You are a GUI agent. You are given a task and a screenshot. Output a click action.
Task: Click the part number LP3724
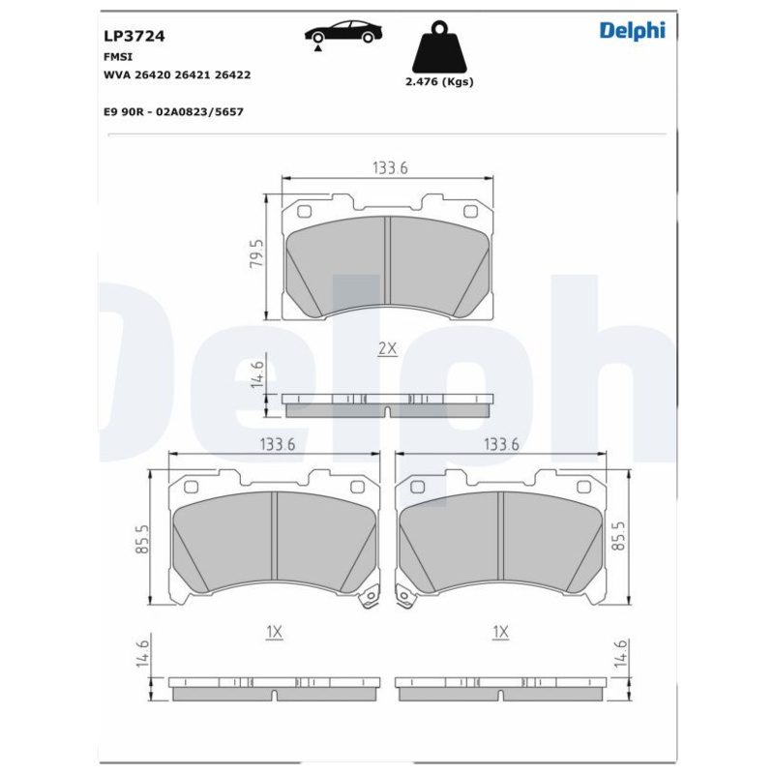[134, 36]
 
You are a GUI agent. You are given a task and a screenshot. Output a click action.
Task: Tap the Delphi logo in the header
[633, 31]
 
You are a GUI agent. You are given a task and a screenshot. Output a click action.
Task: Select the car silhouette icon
[343, 33]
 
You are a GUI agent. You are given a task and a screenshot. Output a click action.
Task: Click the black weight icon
[439, 46]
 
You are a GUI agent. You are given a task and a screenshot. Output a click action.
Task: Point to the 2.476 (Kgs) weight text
[439, 82]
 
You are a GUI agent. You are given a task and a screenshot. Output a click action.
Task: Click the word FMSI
[118, 57]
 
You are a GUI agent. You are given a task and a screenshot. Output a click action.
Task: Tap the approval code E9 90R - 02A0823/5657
[173, 112]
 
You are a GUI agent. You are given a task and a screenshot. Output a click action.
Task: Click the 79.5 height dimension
[256, 253]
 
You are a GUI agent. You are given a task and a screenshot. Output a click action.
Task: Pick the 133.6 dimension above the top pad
[390, 167]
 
